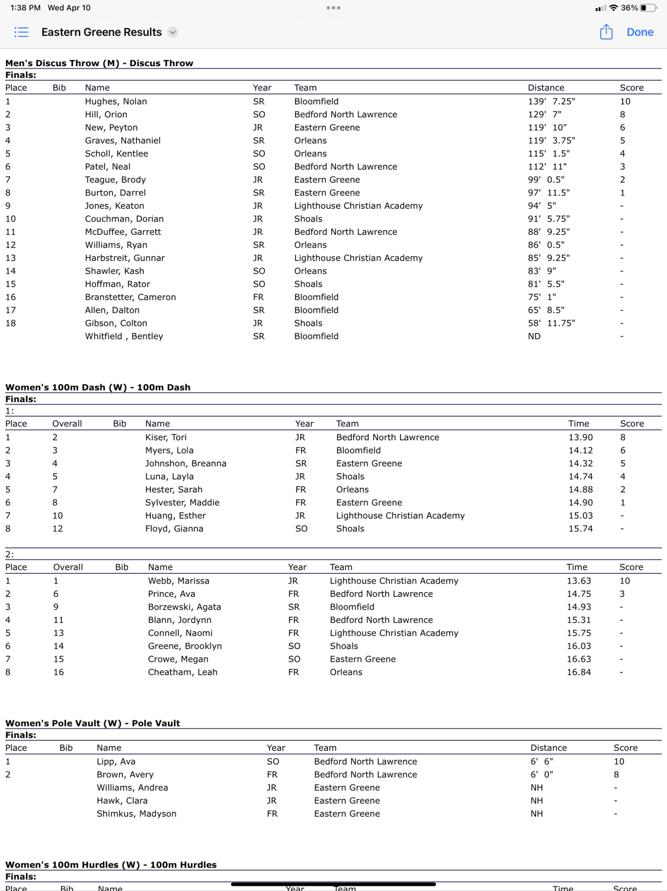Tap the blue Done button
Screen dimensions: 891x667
[640, 32]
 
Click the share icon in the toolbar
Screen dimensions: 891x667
[606, 32]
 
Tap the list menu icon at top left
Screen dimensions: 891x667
[21, 32]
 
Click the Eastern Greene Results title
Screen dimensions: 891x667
[101, 32]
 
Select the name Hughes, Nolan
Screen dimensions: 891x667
[116, 102]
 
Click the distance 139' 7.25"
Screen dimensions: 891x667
[551, 102]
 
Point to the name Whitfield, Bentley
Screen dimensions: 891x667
[124, 336]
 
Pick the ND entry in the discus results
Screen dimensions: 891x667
[534, 336]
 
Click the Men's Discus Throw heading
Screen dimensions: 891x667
[99, 63]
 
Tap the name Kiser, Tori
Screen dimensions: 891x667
[166, 437]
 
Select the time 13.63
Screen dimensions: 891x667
[578, 581]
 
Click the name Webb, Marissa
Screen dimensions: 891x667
[178, 581]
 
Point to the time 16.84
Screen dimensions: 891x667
[578, 672]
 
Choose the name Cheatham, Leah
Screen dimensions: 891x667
[183, 672]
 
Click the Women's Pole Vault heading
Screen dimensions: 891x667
[93, 723]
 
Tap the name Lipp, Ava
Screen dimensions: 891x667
[116, 762]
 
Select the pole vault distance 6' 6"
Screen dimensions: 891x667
[541, 762]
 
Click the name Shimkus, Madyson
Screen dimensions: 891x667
[136, 814]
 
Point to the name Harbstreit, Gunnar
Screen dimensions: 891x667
[125, 258]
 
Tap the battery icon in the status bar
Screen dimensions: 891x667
[648, 8]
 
